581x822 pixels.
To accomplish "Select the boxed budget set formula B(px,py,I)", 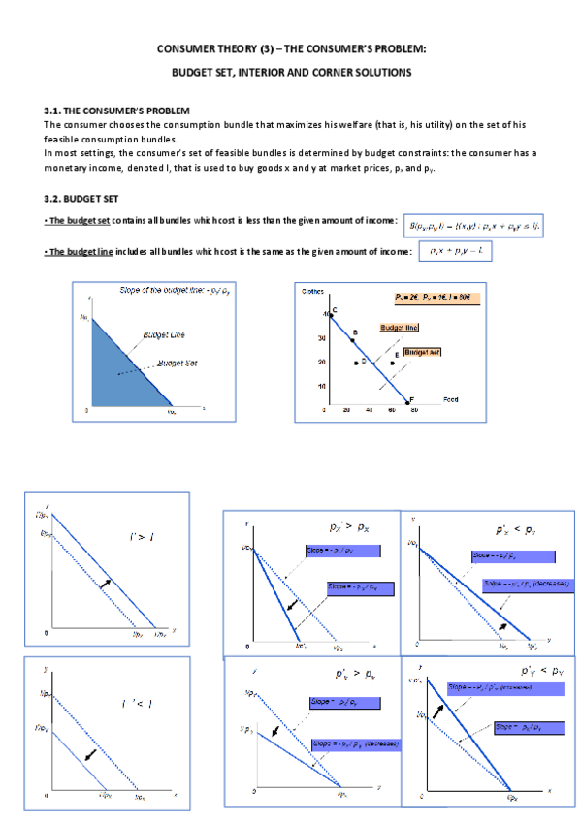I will tap(472, 224).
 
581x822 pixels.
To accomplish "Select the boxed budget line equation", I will tap(456, 252).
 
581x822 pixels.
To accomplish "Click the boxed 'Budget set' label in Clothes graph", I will tap(423, 352).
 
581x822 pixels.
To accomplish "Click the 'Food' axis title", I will tap(450, 398).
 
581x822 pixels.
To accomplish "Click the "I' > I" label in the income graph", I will tap(143, 536).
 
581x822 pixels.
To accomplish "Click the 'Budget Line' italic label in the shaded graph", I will tap(164, 334).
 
